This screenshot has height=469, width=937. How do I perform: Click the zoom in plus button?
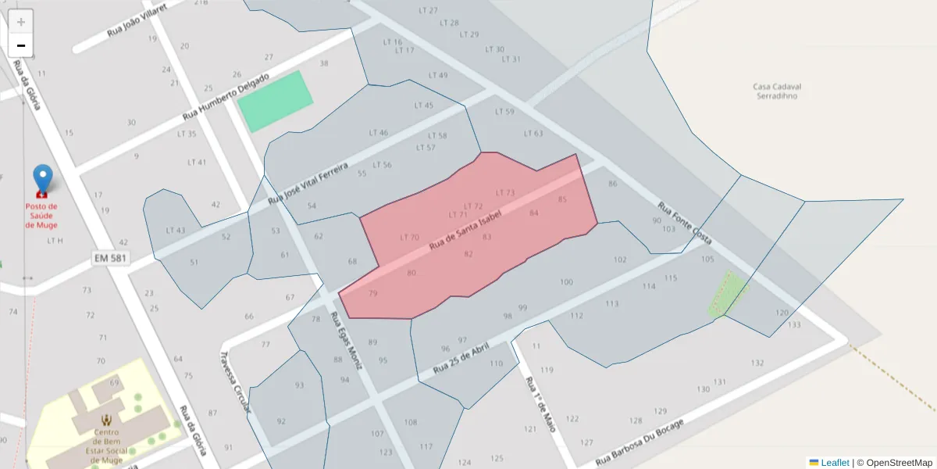click(x=21, y=22)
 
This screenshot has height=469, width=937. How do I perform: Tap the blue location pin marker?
click(x=42, y=179)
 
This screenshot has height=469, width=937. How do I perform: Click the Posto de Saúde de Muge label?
click(x=41, y=216)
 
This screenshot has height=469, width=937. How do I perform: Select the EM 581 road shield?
click(x=109, y=257)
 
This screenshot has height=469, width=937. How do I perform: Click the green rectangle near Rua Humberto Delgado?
click(x=275, y=101)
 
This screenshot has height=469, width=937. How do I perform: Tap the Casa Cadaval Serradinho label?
click(x=778, y=91)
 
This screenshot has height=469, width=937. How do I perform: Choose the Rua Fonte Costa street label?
click(x=684, y=224)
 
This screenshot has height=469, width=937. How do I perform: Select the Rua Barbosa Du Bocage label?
click(x=640, y=443)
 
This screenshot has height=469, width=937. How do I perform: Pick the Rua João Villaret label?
click(x=137, y=20)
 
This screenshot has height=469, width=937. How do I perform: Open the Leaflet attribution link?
click(x=835, y=463)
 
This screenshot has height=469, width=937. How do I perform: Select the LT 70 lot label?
click(x=409, y=237)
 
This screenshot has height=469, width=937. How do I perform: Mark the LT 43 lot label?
click(x=176, y=231)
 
